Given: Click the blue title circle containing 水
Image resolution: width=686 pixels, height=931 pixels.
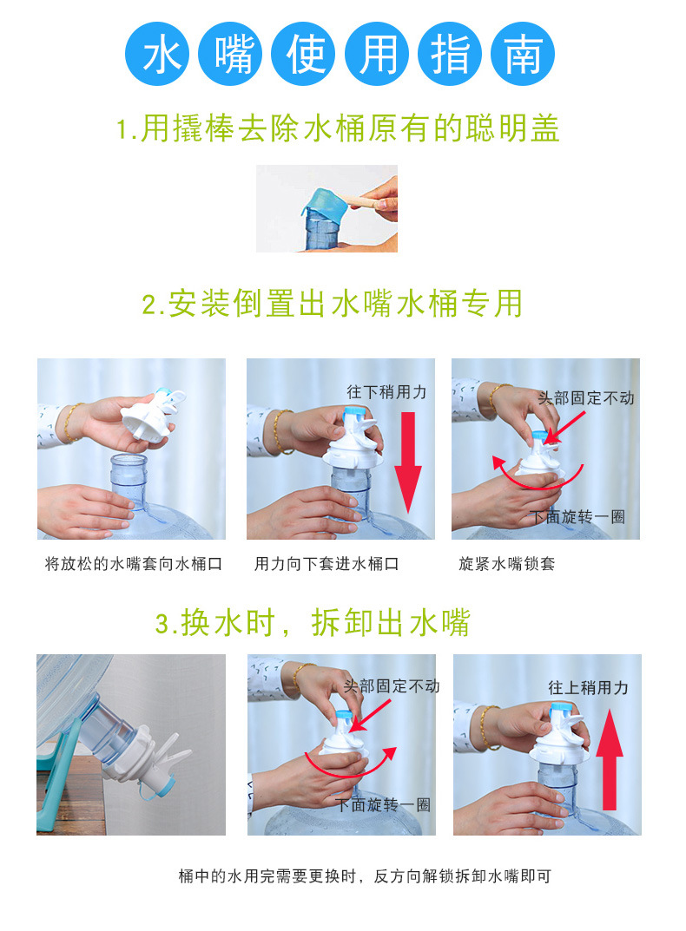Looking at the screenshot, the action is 157,54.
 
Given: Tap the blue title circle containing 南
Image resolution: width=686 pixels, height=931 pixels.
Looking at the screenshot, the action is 523,54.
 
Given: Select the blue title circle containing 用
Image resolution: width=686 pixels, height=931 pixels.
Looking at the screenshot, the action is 377,54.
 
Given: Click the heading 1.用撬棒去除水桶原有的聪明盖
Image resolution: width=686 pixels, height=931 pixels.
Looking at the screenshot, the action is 338,128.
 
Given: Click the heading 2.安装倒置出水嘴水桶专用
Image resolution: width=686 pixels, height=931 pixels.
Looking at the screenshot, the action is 333,304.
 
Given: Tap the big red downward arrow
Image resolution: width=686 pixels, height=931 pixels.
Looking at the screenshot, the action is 408,462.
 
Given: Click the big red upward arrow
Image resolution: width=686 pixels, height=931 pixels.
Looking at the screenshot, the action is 610,761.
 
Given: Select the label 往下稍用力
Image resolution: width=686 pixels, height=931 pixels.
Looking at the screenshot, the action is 387,392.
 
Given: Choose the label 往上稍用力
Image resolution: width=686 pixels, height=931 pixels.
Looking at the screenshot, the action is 589,687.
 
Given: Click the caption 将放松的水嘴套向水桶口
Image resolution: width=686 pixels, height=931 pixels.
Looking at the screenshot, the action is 134,563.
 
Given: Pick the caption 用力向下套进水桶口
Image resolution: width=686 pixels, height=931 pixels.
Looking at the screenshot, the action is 327,563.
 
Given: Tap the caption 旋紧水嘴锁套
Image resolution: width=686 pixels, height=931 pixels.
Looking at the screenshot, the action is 506,563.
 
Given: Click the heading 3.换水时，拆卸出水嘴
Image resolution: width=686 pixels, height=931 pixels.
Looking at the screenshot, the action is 313,623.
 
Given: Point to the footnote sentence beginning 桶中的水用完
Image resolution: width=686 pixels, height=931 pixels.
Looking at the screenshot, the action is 365,875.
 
